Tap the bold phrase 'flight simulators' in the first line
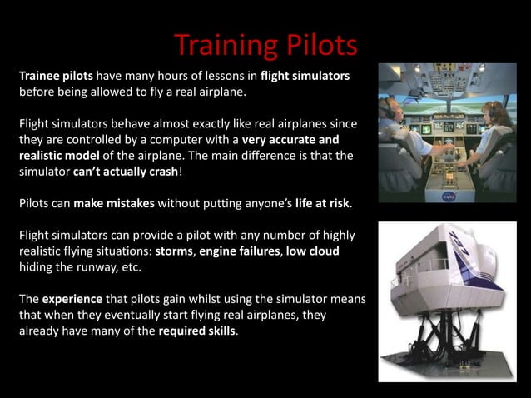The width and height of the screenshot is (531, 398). (304, 76)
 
